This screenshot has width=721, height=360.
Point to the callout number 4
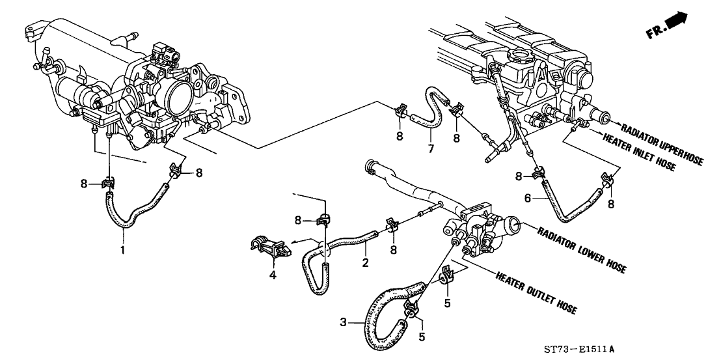273,275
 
